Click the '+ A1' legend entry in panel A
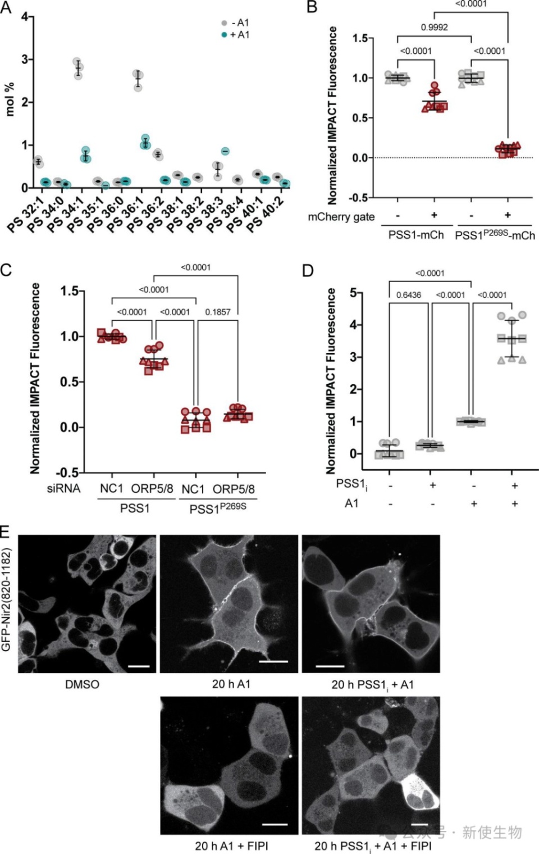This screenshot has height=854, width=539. tap(235, 35)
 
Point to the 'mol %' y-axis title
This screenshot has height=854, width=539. tap(10, 99)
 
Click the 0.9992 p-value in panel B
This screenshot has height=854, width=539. tap(434, 28)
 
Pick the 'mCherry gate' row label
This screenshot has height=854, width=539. tap(341, 217)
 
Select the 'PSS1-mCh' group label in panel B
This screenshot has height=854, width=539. tap(416, 235)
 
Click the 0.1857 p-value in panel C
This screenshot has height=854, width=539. tap(217, 312)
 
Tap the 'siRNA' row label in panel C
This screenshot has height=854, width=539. tap(63, 489)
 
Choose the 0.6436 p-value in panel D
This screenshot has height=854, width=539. tap(409, 295)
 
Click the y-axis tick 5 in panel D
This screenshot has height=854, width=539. tap(354, 293)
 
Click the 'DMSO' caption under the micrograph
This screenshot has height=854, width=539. tap(82, 684)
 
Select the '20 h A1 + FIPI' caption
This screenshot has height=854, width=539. tap(231, 846)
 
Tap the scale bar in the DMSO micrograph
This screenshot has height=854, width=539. tap(139, 666)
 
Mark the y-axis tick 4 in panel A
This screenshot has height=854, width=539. tap(25, 17)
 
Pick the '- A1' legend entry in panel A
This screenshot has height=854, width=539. tap(235, 23)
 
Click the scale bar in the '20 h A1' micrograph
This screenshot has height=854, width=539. tap(273, 661)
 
